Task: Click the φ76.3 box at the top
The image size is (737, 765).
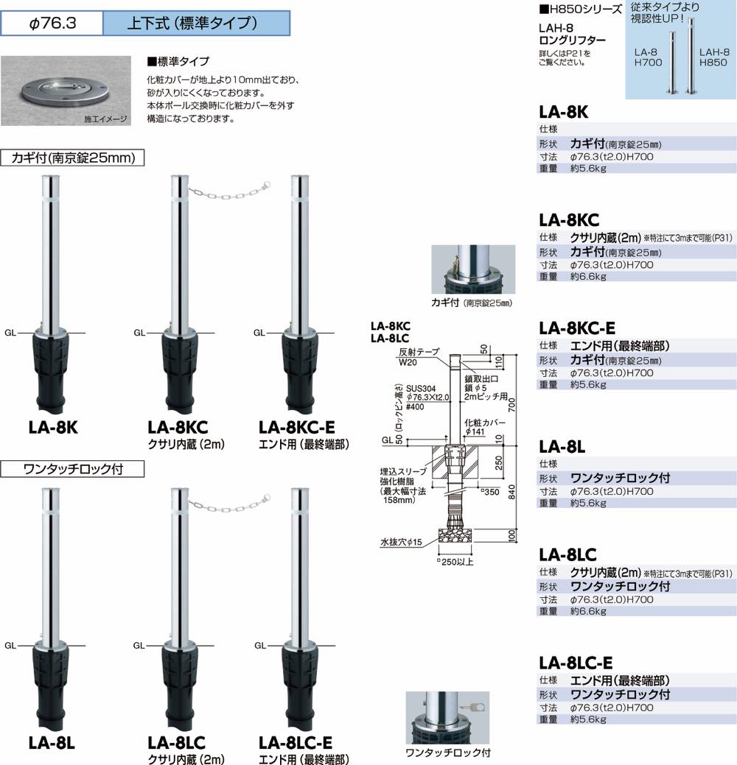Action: [x=51, y=23]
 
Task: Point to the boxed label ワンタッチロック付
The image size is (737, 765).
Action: [x=71, y=468]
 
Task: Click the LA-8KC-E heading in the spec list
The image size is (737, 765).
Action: [x=577, y=328]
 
